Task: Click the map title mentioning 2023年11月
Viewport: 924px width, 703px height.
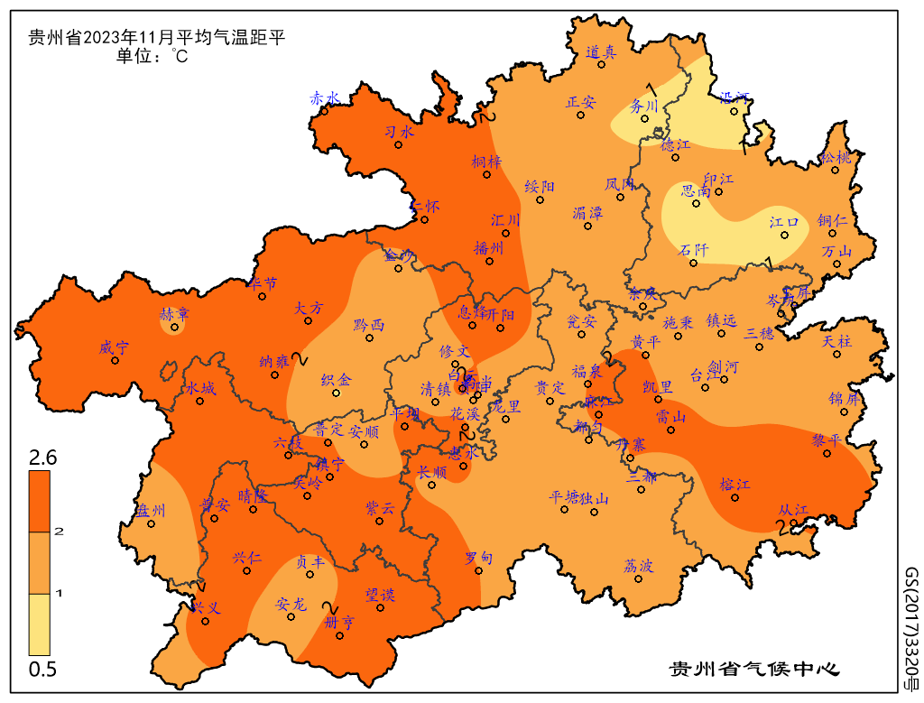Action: [157, 38]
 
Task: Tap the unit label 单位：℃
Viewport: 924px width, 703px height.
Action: [152, 57]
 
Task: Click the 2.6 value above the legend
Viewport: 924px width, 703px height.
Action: [42, 458]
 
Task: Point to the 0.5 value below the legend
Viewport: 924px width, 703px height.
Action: [42, 669]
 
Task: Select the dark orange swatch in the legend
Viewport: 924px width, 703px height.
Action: [39, 501]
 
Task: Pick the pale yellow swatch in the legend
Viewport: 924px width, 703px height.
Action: [39, 624]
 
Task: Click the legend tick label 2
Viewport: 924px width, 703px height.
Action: [60, 532]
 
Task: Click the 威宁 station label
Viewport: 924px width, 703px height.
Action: [115, 347]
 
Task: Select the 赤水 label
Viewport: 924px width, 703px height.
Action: [324, 97]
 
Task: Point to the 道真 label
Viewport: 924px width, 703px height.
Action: [600, 52]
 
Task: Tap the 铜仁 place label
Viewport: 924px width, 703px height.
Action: [832, 220]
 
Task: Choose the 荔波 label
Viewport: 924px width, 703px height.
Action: [638, 566]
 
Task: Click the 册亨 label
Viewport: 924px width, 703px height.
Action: [339, 622]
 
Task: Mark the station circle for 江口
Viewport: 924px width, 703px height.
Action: [784, 235]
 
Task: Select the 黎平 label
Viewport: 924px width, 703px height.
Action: [826, 440]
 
